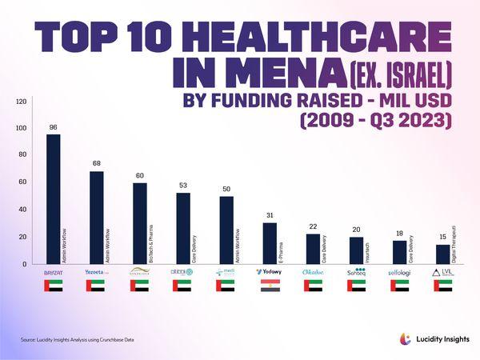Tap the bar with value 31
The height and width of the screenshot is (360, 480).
[x=270, y=243]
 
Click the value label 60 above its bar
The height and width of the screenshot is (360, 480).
[x=139, y=176]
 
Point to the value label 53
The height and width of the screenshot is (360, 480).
[x=183, y=186]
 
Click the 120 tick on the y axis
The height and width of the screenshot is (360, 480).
[x=22, y=102]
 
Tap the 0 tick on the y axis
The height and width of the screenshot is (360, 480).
[x=25, y=264]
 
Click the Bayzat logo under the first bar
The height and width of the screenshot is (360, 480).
[x=53, y=272]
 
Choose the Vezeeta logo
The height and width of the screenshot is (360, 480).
[x=97, y=272]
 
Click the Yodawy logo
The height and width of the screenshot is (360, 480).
[x=269, y=272]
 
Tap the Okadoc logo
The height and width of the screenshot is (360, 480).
[x=313, y=272]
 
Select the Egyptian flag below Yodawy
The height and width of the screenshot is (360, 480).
[x=270, y=286]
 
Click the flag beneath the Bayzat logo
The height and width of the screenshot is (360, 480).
[x=53, y=286]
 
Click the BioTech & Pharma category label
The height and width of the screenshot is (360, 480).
[x=150, y=241]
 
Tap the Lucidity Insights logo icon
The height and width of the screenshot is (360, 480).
[x=405, y=339]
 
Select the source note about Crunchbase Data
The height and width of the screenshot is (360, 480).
[x=77, y=340]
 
